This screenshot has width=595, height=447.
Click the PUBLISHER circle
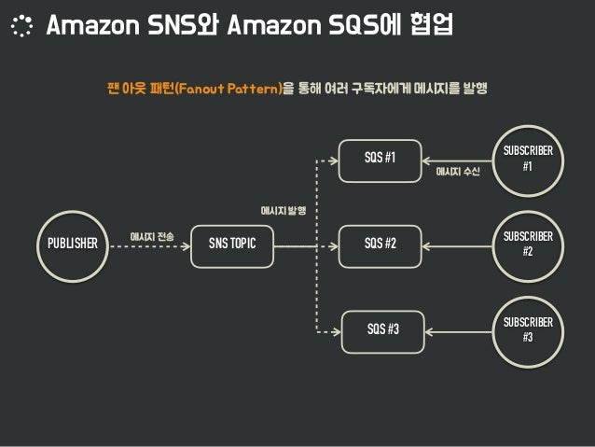(x=72, y=244)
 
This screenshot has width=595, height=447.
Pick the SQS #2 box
(x=380, y=244)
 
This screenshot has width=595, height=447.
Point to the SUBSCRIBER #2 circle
(x=527, y=244)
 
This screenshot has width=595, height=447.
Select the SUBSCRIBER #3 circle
(x=527, y=328)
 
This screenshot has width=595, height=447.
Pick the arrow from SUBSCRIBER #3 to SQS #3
(x=457, y=329)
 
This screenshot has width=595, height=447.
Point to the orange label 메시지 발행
(x=284, y=212)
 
